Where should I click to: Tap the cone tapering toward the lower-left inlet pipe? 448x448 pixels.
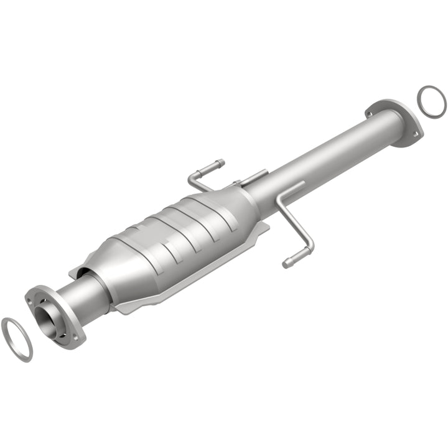tap(112, 268)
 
